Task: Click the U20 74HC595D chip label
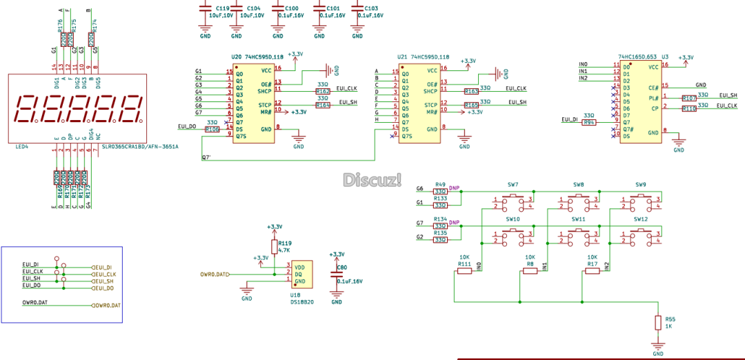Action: click(x=257, y=57)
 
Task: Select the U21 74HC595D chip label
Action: click(x=423, y=57)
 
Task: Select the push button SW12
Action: click(x=641, y=236)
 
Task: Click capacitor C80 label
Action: click(x=342, y=266)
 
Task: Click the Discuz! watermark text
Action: click(x=372, y=180)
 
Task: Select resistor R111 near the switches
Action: click(x=465, y=270)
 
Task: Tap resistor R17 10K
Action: click(x=593, y=270)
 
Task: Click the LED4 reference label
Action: click(x=21, y=146)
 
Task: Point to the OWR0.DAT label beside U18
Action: click(x=214, y=274)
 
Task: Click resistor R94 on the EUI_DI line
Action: click(x=588, y=122)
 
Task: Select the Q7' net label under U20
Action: click(x=206, y=158)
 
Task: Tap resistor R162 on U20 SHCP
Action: click(x=322, y=91)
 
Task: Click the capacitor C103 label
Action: click(x=372, y=8)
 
